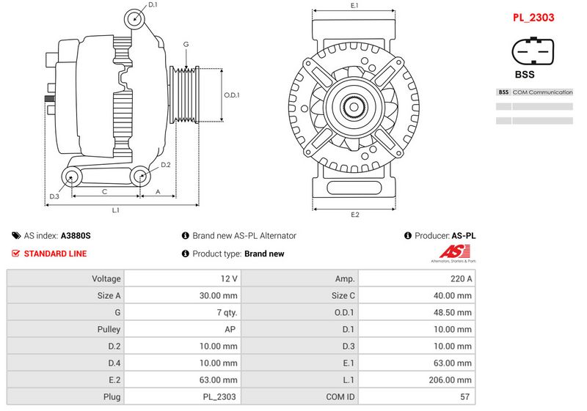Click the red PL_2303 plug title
tap(533, 18)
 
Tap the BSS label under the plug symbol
tap(525, 74)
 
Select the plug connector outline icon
tap(533, 51)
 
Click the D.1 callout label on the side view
tap(153, 5)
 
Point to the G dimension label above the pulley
tap(186, 45)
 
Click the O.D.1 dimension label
tap(231, 95)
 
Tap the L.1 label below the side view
tap(116, 210)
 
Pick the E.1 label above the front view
tap(354, 5)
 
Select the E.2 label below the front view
tap(354, 215)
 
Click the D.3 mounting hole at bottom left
tap(71, 177)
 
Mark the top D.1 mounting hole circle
tap(134, 19)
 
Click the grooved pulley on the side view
tap(184, 95)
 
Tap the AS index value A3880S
tap(76, 236)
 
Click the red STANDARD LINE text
tap(55, 253)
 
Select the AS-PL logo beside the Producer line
tap(453, 253)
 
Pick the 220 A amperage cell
tap(417, 278)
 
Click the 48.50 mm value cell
tap(417, 312)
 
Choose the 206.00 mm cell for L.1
tap(417, 380)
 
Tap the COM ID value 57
tap(464, 397)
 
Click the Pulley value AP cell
tap(182, 329)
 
